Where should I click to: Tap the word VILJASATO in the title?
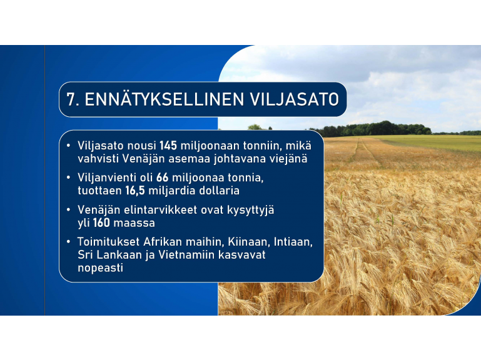click(x=295, y=99)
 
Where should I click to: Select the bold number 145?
click(x=168, y=146)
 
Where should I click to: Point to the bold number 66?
click(x=162, y=177)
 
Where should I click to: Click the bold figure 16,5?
click(x=135, y=191)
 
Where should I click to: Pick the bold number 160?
click(x=101, y=222)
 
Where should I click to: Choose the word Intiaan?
click(x=293, y=242)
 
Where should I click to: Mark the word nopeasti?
click(x=100, y=268)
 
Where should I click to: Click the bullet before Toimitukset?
click(x=68, y=242)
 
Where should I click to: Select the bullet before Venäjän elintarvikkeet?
click(x=68, y=210)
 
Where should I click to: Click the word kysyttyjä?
click(x=251, y=211)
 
